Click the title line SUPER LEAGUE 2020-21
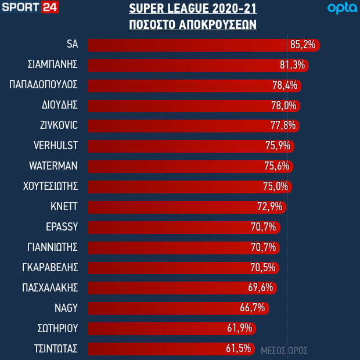click(193, 10)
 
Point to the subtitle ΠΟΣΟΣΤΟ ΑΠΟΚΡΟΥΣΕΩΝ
click(193, 26)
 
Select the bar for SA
click(186, 45)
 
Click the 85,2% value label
click(302, 45)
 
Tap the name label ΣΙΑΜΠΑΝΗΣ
click(53, 64)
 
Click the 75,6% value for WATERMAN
click(277, 166)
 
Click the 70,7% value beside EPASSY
click(264, 227)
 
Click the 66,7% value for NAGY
click(253, 308)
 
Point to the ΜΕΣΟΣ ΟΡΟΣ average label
click(284, 351)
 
